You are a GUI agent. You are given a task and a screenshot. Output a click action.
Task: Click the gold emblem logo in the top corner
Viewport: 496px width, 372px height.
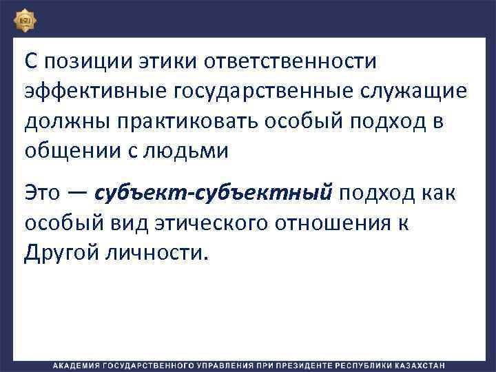pos(25,19)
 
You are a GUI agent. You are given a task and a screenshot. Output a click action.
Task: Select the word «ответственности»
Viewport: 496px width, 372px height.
pos(291,61)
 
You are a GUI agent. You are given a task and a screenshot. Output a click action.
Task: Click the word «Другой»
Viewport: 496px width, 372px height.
pos(63,254)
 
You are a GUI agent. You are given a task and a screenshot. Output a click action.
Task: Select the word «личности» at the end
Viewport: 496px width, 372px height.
pos(155,254)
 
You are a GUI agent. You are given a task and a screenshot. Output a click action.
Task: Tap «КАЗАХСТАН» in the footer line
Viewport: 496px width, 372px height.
pos(417,364)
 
